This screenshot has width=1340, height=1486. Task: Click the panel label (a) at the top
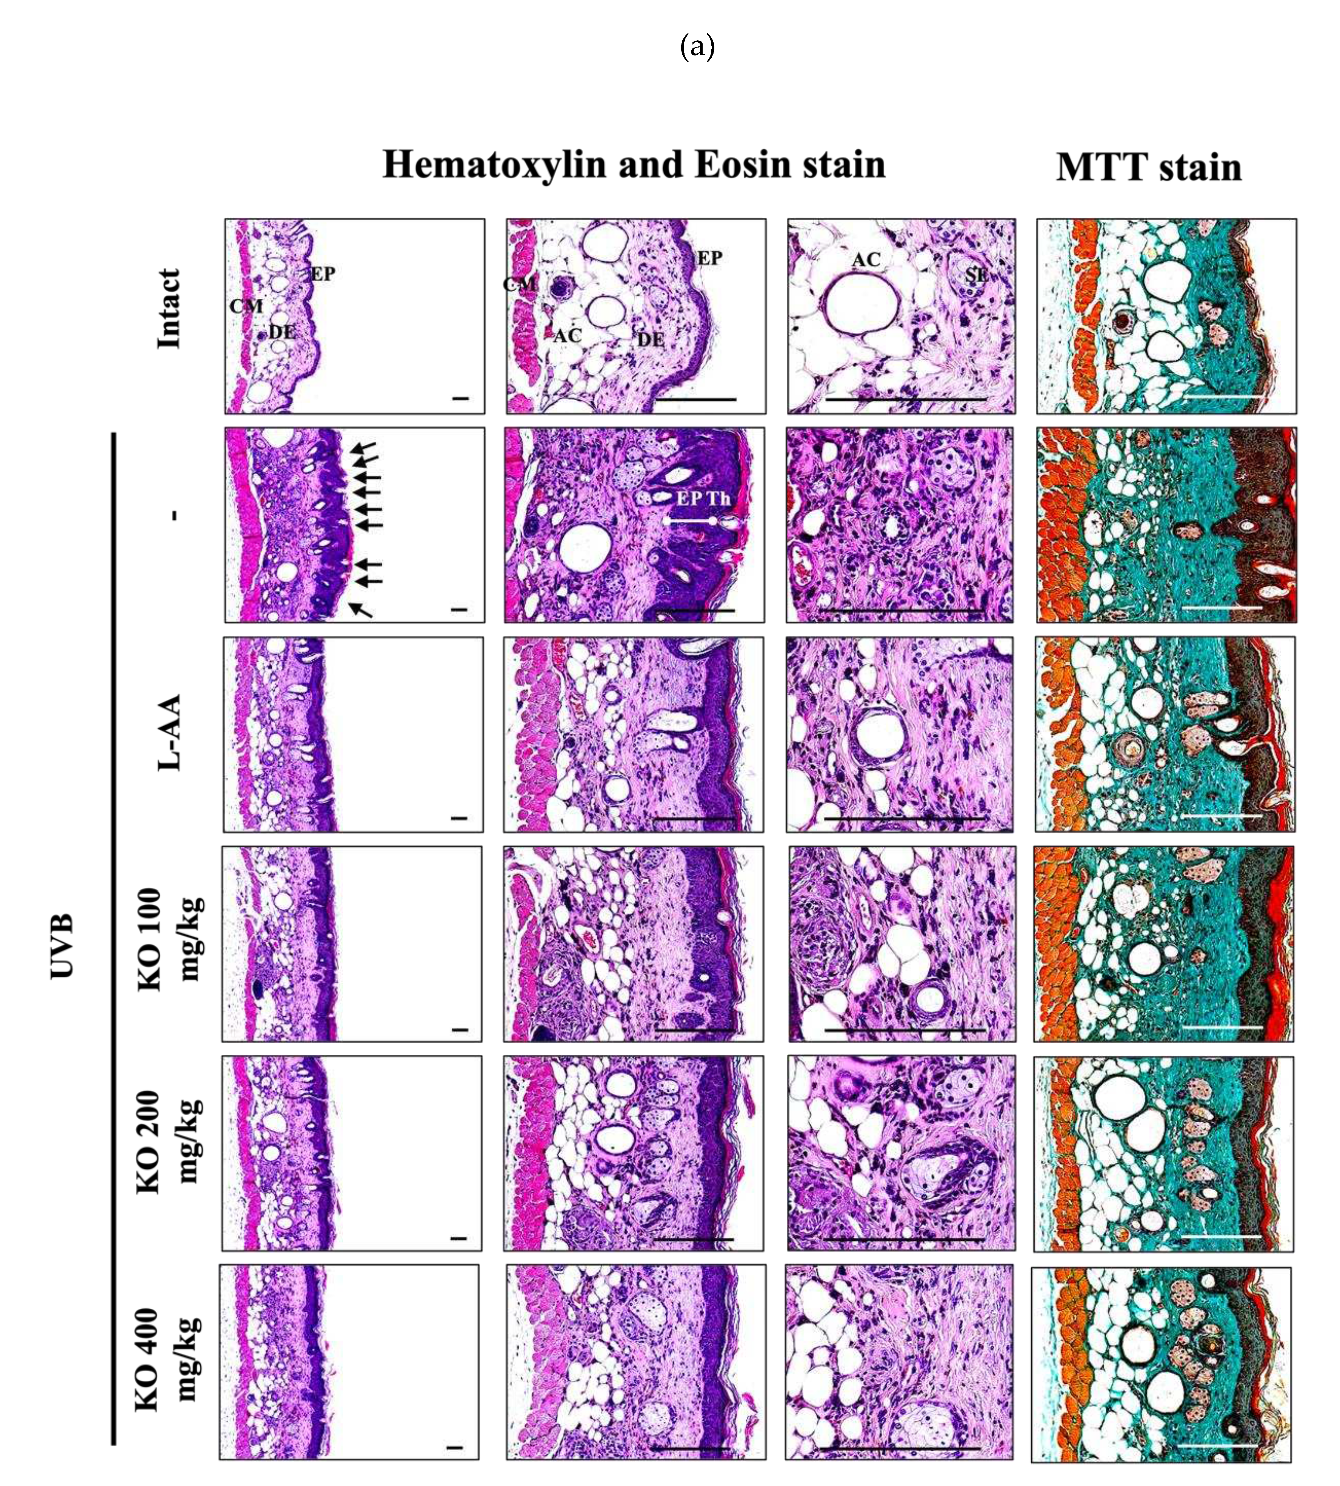pos(697,48)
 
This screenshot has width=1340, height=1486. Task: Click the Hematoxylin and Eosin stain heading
pos(634,164)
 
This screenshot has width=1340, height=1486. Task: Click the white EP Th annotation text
pos(703,498)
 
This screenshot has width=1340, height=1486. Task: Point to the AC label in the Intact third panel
pos(866,260)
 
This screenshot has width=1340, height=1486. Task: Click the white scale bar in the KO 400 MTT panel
pos(1219,1445)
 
